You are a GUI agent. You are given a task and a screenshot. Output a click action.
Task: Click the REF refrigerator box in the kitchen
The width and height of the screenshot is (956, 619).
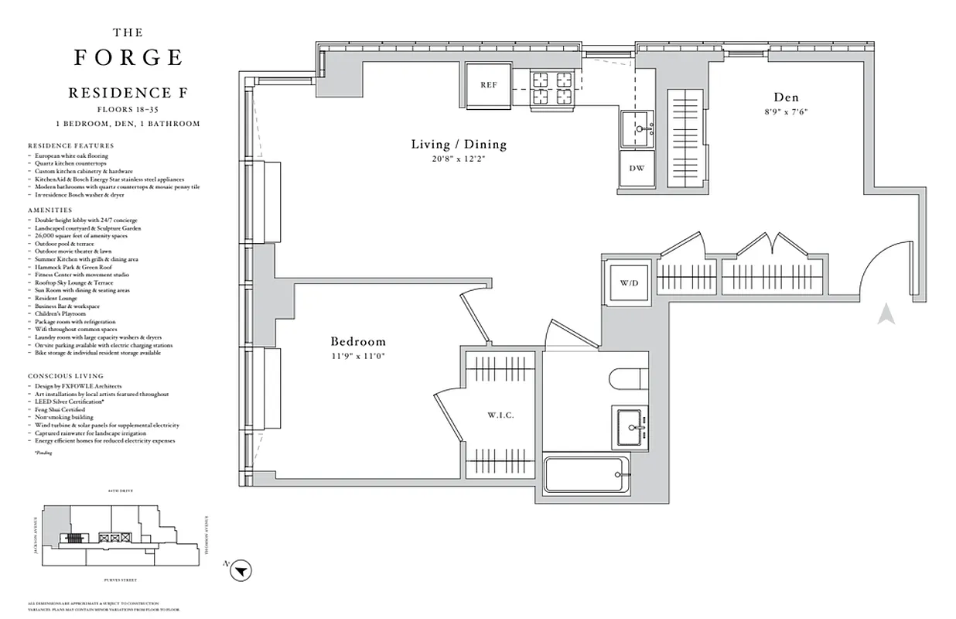[x=488, y=84]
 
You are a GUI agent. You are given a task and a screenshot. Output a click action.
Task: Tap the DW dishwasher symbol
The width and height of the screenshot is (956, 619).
[x=637, y=168]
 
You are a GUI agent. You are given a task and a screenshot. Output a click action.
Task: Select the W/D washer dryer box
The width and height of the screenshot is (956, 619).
[x=629, y=282]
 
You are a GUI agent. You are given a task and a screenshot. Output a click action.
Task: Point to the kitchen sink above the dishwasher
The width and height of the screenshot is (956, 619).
[x=637, y=128]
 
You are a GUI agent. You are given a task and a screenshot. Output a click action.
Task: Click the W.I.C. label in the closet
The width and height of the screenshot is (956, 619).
[x=500, y=416]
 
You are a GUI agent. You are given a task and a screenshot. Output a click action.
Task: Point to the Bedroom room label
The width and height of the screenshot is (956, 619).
[x=358, y=341]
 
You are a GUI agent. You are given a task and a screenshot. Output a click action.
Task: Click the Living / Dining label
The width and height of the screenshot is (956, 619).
[x=459, y=144]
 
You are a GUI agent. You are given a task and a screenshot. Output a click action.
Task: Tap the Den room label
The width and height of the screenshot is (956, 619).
[x=786, y=97]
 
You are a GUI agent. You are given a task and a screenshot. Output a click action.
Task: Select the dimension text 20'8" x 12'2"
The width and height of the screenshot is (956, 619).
[x=459, y=159]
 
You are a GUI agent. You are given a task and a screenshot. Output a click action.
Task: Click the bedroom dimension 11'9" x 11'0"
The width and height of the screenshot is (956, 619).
[x=358, y=356]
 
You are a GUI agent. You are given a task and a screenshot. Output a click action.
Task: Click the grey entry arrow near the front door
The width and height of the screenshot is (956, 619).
[x=886, y=314]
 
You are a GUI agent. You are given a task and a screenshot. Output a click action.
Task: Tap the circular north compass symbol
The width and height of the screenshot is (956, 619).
[x=243, y=571]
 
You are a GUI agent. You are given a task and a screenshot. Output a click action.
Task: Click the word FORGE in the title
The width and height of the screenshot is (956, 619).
[x=128, y=58]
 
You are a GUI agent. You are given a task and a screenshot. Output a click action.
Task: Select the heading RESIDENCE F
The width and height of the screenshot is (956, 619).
[x=128, y=93]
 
